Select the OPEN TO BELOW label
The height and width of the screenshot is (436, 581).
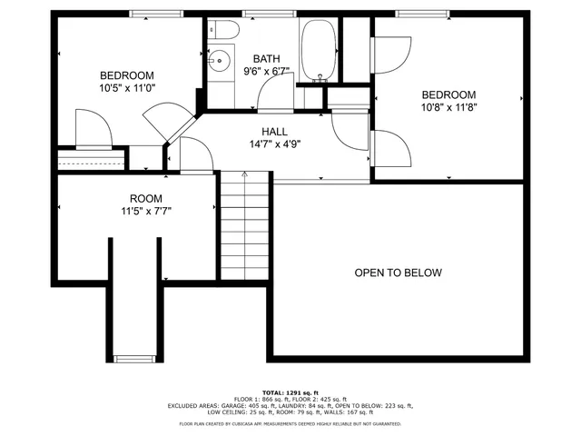click(x=398, y=272)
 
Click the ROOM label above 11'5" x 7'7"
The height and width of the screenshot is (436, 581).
click(x=145, y=198)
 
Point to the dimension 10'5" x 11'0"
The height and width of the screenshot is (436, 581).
click(x=126, y=89)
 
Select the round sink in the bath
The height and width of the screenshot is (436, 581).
click(x=217, y=62)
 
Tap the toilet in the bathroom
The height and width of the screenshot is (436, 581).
click(x=223, y=32)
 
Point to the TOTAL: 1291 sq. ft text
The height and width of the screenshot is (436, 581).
click(x=290, y=391)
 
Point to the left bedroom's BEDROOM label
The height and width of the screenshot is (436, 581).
click(x=126, y=75)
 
